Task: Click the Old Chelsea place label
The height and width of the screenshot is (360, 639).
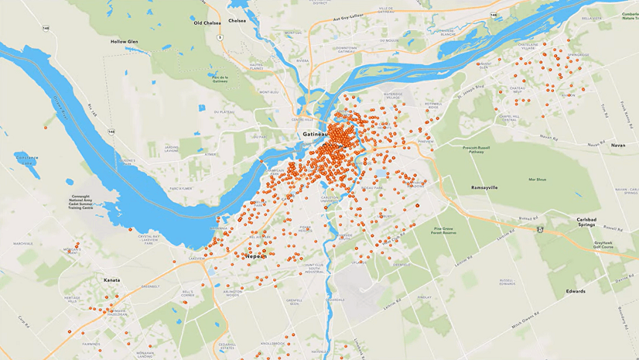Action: click(x=207, y=23)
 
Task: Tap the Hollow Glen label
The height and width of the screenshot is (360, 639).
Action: click(x=123, y=41)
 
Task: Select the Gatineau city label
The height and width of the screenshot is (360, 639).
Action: click(x=315, y=134)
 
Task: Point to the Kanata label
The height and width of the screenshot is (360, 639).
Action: click(x=111, y=279)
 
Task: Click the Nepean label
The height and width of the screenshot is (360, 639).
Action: click(x=255, y=255)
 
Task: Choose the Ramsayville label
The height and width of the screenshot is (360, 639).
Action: click(x=484, y=187)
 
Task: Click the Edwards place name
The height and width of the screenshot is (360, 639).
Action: click(x=576, y=291)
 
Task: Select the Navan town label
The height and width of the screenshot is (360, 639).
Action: click(x=617, y=145)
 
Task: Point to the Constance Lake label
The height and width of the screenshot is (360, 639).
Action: click(x=26, y=159)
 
